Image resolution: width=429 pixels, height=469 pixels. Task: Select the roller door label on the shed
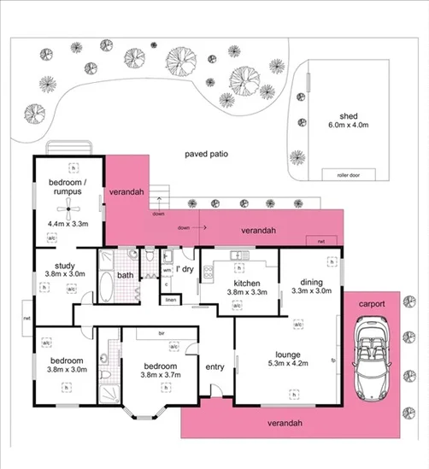point(349,174)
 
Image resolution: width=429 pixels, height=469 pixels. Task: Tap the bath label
point(125,275)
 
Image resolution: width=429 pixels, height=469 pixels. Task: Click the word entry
point(214,366)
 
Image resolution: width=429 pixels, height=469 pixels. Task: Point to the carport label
point(371,303)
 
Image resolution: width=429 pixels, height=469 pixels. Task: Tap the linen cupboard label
point(170,301)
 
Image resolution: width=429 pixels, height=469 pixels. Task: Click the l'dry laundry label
point(183,267)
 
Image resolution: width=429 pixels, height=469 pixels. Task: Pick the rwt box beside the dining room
point(321,242)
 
